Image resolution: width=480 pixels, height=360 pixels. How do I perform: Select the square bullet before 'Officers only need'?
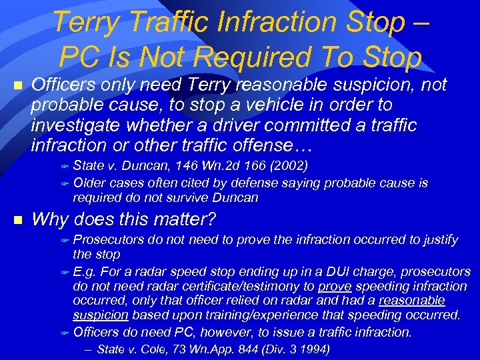click(18, 86)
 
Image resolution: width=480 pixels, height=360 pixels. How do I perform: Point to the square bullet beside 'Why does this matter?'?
click(18, 219)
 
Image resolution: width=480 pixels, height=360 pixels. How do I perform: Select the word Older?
click(89, 183)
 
